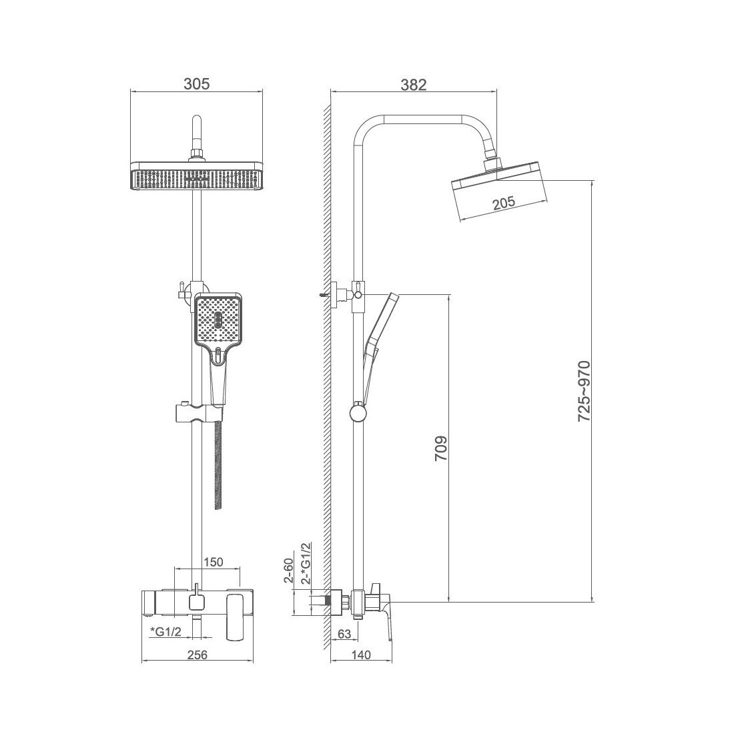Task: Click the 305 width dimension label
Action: coord(197,84)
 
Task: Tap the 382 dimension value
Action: coord(414,85)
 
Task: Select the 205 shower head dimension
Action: coord(504,203)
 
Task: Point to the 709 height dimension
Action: coord(441,448)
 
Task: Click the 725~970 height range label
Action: coord(585,391)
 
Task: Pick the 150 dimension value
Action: coord(214,561)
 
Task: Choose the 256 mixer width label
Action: coord(197,655)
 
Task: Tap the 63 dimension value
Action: coord(344,634)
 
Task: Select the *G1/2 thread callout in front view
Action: coord(165,631)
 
